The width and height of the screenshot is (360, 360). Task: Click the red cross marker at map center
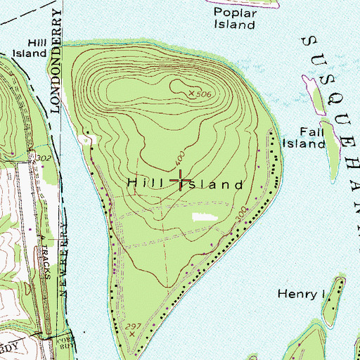click(180, 181)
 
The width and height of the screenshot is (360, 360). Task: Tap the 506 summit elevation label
click(204, 94)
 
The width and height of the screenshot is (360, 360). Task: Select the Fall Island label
click(303, 138)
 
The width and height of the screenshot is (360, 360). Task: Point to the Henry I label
click(297, 293)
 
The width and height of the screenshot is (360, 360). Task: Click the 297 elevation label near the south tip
click(130, 327)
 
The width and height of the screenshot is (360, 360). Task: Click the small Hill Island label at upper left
click(28, 47)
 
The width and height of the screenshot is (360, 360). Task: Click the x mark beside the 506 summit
click(191, 92)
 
